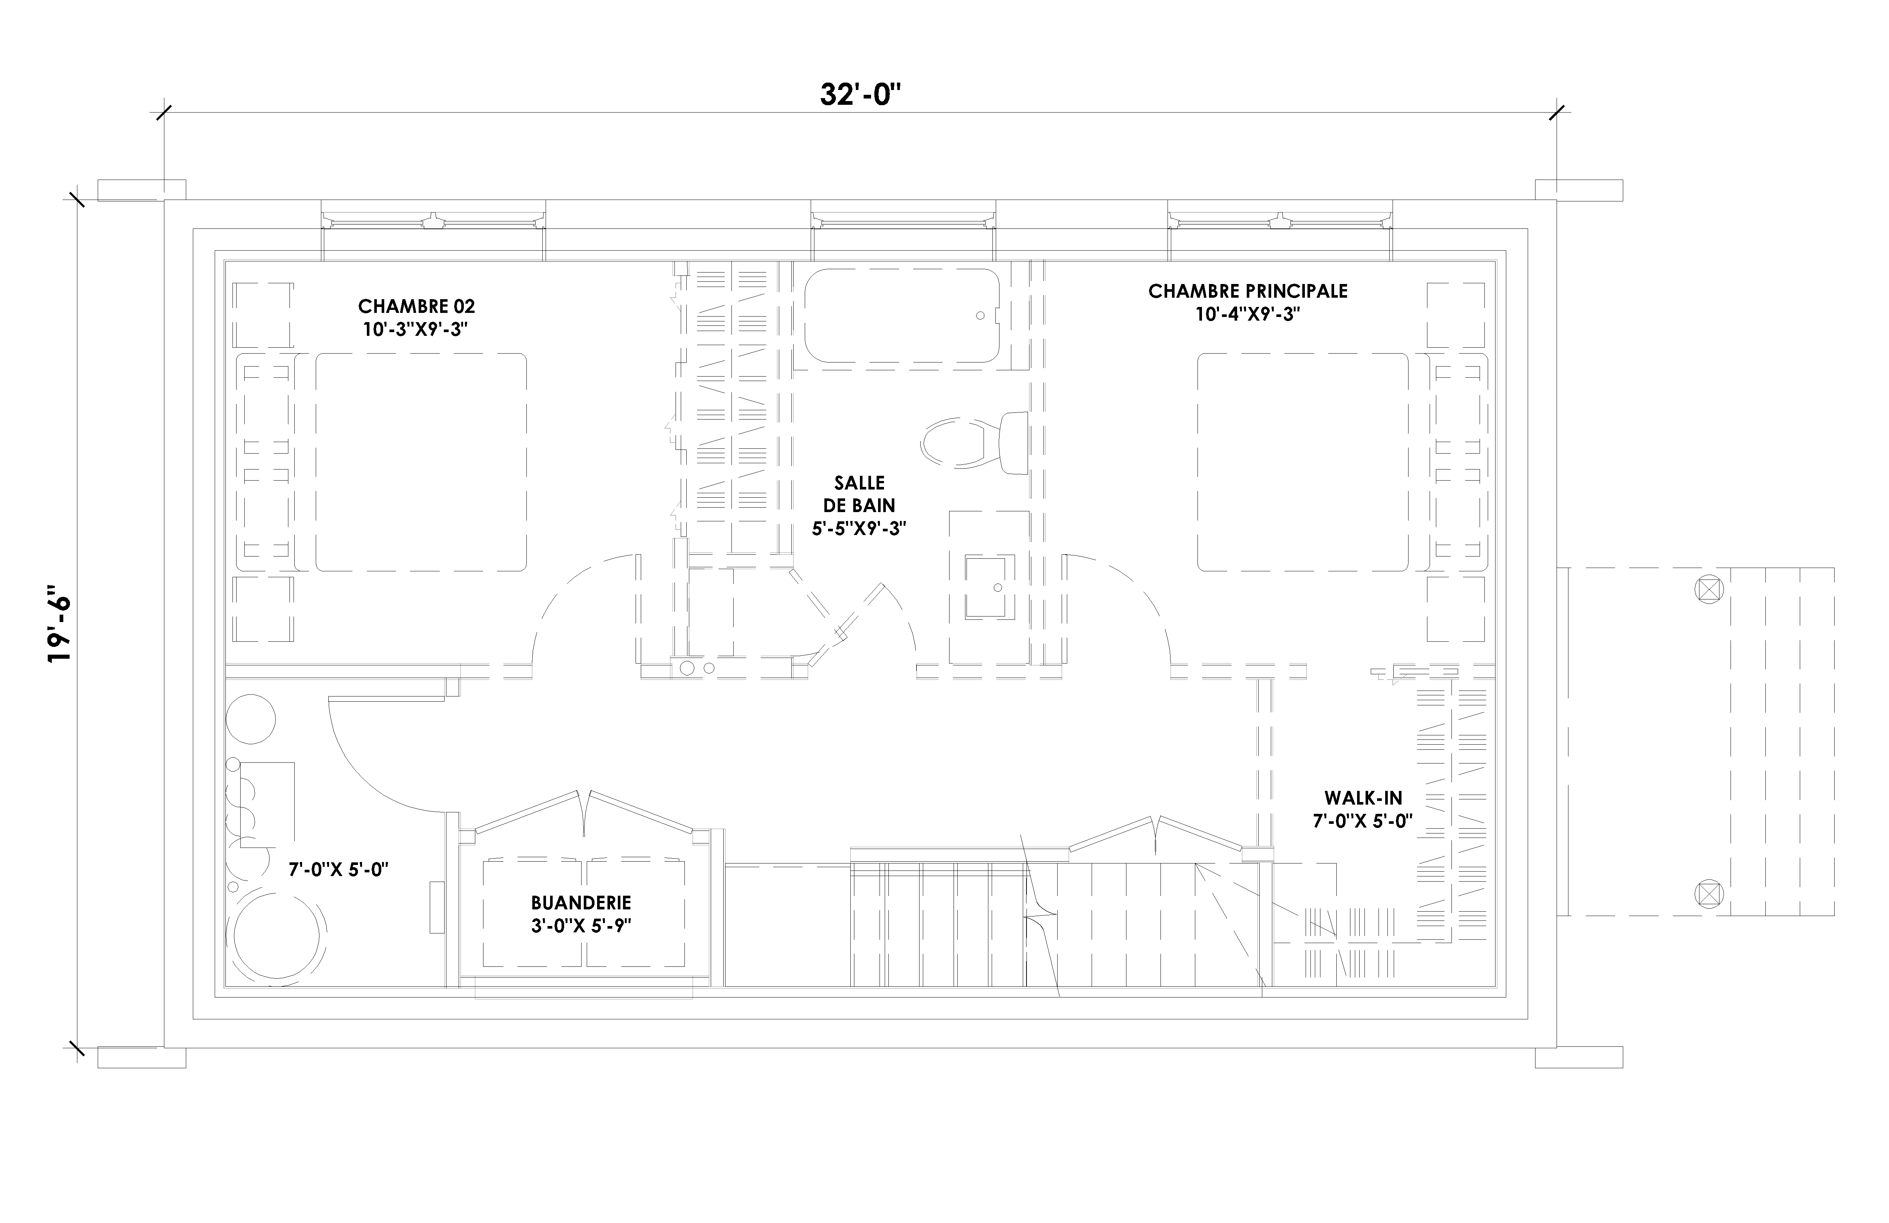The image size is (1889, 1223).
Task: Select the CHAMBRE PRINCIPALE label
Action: pos(1248,291)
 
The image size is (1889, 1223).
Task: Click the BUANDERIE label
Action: pos(581,903)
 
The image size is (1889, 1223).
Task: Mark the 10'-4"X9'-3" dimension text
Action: pos(1248,314)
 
